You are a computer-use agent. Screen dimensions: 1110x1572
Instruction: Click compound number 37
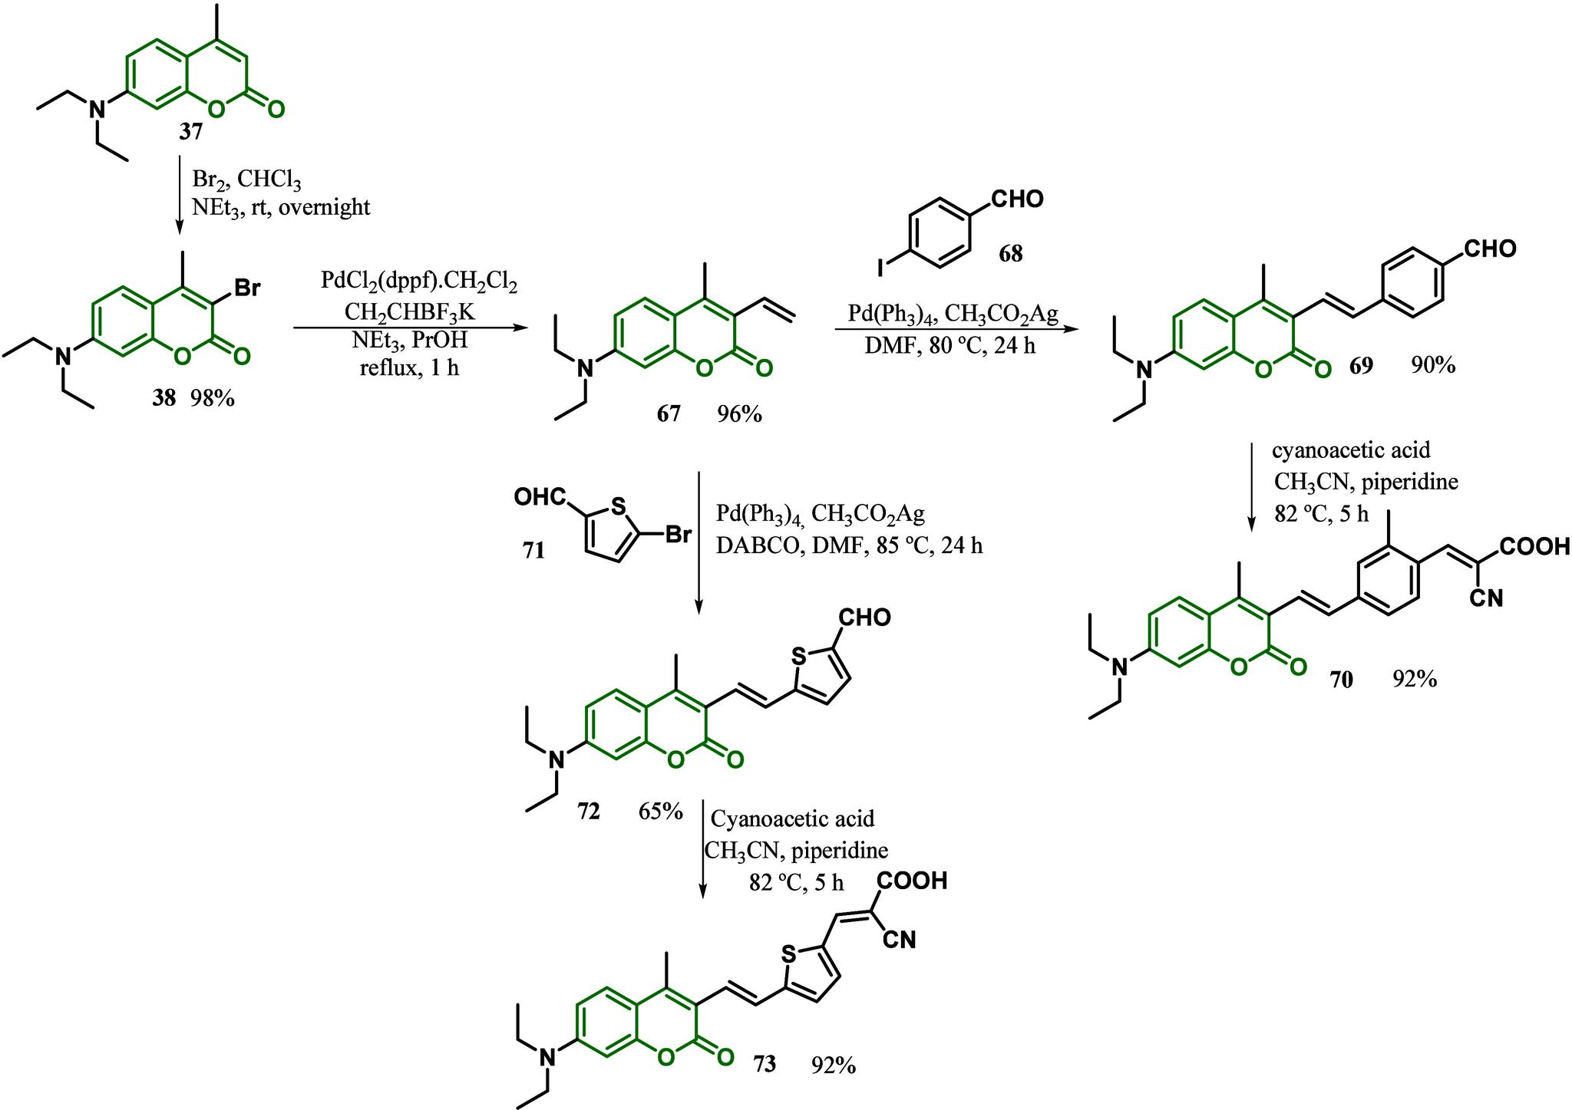tap(191, 133)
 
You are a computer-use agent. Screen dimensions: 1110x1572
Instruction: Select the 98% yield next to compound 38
tap(213, 398)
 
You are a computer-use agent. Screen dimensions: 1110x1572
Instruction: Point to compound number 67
tap(668, 414)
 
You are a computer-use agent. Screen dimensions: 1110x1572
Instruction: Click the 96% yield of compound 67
tap(739, 414)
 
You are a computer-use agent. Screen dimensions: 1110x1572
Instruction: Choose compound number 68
tap(1011, 253)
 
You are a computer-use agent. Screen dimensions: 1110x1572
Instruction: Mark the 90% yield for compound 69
tap(1432, 366)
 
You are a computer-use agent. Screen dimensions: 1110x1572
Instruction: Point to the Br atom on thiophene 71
tap(678, 534)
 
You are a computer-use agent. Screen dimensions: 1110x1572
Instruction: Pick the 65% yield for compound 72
tap(660, 811)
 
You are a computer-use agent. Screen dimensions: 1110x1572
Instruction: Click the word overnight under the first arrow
tap(324, 207)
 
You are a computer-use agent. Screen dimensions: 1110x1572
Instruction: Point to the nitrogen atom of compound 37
tap(96, 110)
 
